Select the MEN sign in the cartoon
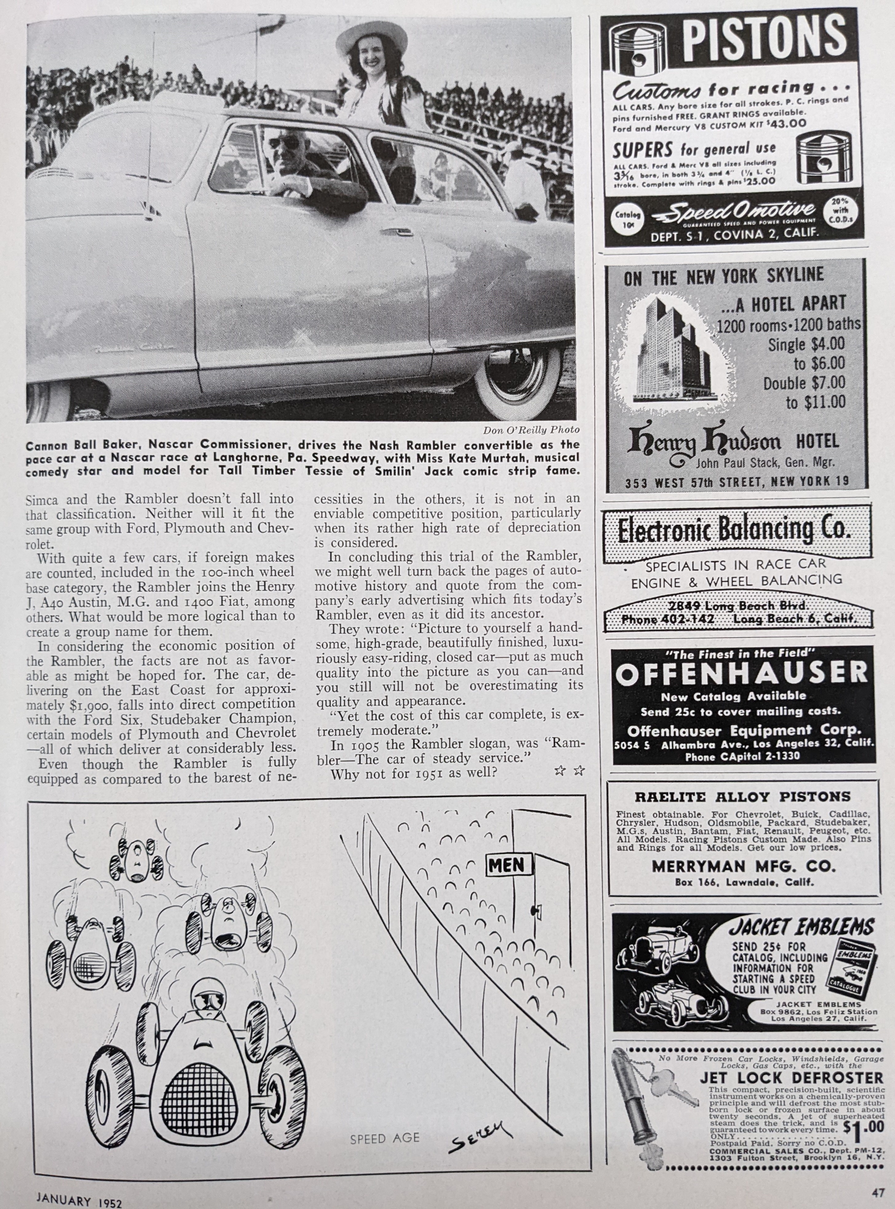pos(507,865)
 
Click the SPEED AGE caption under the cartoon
pos(384,1139)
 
